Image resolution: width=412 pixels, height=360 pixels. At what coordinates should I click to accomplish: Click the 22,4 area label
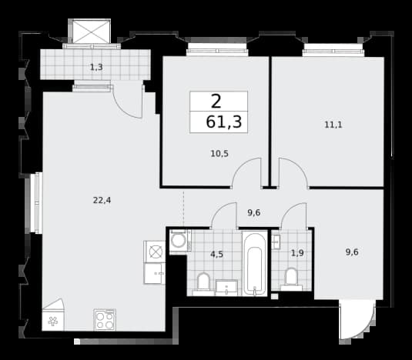[x=102, y=201]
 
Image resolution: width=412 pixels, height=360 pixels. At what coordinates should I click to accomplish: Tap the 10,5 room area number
[x=219, y=154]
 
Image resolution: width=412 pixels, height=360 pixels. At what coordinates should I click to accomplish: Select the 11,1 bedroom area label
[x=333, y=125]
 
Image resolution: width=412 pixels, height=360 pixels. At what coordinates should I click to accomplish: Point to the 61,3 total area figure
[x=223, y=122]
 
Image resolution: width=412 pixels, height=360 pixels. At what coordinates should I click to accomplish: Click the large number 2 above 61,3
[x=216, y=102]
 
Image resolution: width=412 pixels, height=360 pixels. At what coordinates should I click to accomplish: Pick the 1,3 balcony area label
[x=96, y=68]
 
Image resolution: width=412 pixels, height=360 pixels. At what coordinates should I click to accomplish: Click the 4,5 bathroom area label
[x=216, y=255]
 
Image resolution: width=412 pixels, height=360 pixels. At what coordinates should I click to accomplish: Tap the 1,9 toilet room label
[x=297, y=253]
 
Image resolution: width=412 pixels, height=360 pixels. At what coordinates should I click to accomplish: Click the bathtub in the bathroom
[x=254, y=263]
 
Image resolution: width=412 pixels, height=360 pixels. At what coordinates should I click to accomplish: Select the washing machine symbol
[x=179, y=241]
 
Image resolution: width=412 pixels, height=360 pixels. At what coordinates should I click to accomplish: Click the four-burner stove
[x=105, y=320]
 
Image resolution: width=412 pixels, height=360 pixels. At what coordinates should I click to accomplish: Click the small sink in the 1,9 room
[x=276, y=242]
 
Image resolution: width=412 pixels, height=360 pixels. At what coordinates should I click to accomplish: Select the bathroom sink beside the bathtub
[x=226, y=288]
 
